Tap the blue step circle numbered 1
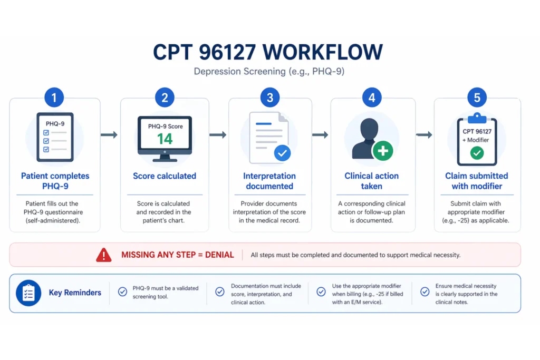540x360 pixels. [x=54, y=98]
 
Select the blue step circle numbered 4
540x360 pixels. [x=372, y=98]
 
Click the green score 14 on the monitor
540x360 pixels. [x=165, y=139]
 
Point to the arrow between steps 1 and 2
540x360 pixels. [x=109, y=135]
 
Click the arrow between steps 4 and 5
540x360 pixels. [x=423, y=135]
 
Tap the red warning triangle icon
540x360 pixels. [x=104, y=255]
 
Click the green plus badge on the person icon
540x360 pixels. [x=383, y=151]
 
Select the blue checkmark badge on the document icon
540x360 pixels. [x=283, y=153]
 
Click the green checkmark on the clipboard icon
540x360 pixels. [x=477, y=153]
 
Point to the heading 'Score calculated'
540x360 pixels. [x=165, y=176]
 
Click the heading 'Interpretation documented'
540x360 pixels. [x=269, y=181]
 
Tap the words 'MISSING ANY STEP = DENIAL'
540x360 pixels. [x=178, y=255]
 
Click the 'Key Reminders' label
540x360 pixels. [x=75, y=293]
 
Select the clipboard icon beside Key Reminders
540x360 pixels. [x=28, y=293]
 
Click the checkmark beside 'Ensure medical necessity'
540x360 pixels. [x=425, y=291]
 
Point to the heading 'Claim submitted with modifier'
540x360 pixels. [x=476, y=181]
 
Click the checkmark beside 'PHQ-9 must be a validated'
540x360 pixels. [x=122, y=291]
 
